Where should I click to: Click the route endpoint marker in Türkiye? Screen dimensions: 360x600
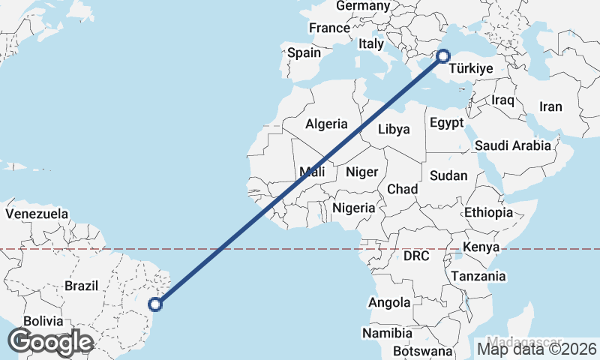443,55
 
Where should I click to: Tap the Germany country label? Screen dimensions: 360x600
363,6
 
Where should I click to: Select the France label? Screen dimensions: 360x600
329,28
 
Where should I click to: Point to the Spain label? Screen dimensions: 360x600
304,53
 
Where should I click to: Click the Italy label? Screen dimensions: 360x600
370,44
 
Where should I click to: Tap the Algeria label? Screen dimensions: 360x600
326,124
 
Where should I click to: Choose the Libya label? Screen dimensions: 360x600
394,129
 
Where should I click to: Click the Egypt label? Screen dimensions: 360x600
447,122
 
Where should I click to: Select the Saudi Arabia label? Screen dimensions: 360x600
512,145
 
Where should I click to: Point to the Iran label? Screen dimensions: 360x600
550,106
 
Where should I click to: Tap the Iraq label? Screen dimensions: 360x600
502,100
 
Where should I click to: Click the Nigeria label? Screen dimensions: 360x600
353,208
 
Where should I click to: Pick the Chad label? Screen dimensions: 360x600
402,189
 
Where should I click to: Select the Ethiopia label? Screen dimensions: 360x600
488,213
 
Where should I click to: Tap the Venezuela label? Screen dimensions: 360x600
37,214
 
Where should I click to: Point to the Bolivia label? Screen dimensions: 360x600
43,321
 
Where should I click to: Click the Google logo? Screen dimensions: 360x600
50,341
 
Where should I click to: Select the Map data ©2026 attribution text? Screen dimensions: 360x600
537,348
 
